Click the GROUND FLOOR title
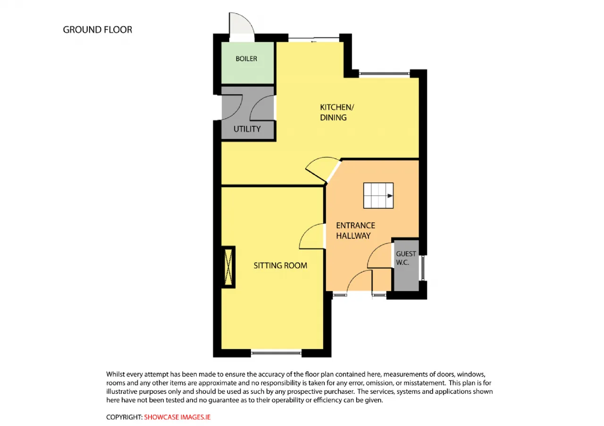[x=98, y=30]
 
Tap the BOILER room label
[x=246, y=59]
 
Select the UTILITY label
[x=247, y=129]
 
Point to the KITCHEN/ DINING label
[x=337, y=112]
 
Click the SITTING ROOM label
[x=280, y=265]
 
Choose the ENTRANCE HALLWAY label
[x=355, y=230]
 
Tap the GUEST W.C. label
[x=406, y=258]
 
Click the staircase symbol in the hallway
[x=378, y=196]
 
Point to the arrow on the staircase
[x=390, y=196]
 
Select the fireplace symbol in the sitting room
[x=228, y=267]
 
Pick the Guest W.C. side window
[x=423, y=268]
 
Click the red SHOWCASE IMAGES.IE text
[x=177, y=417]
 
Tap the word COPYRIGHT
[x=124, y=417]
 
